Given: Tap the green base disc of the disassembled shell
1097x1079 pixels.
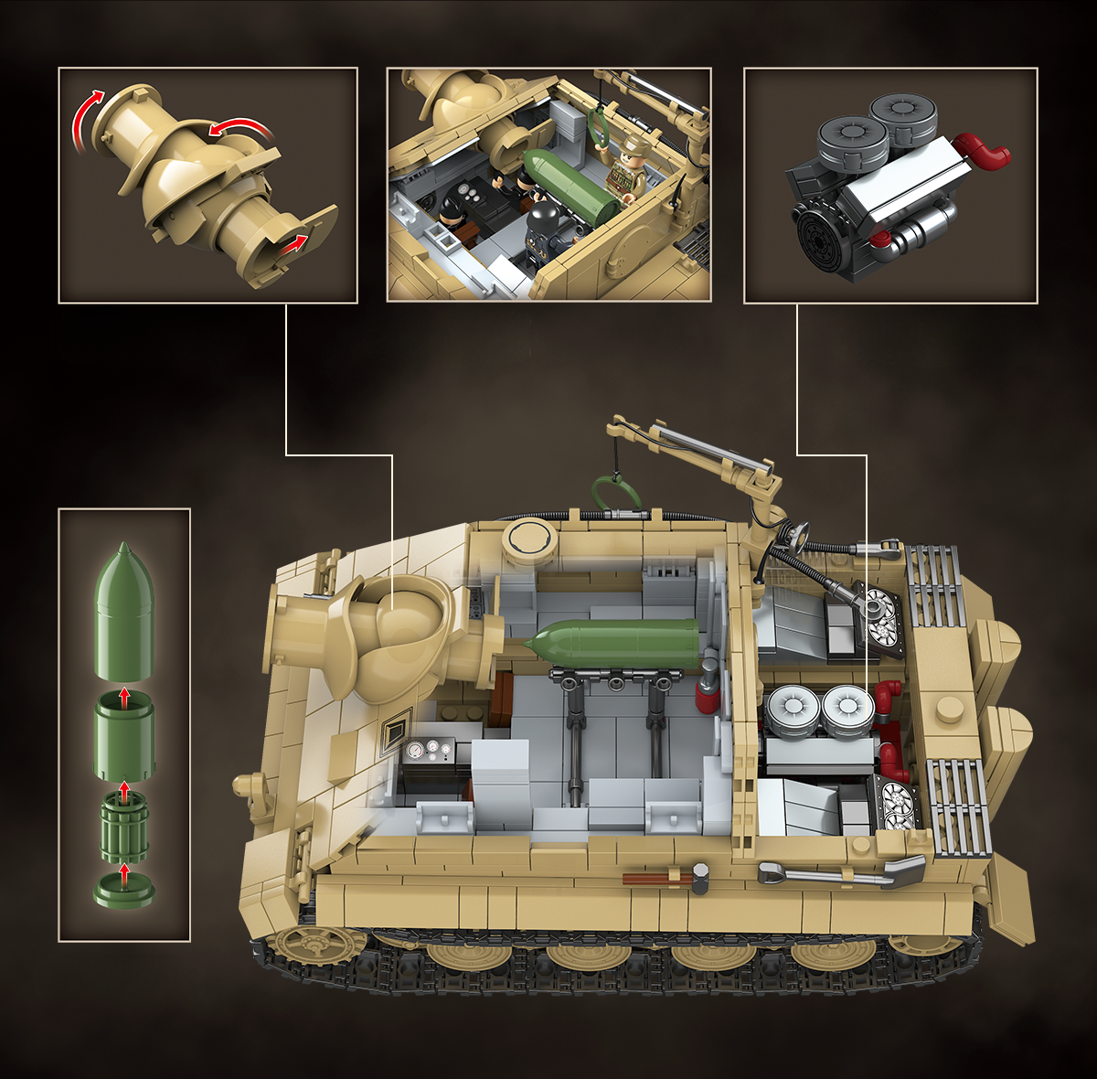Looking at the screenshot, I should (124, 889).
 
